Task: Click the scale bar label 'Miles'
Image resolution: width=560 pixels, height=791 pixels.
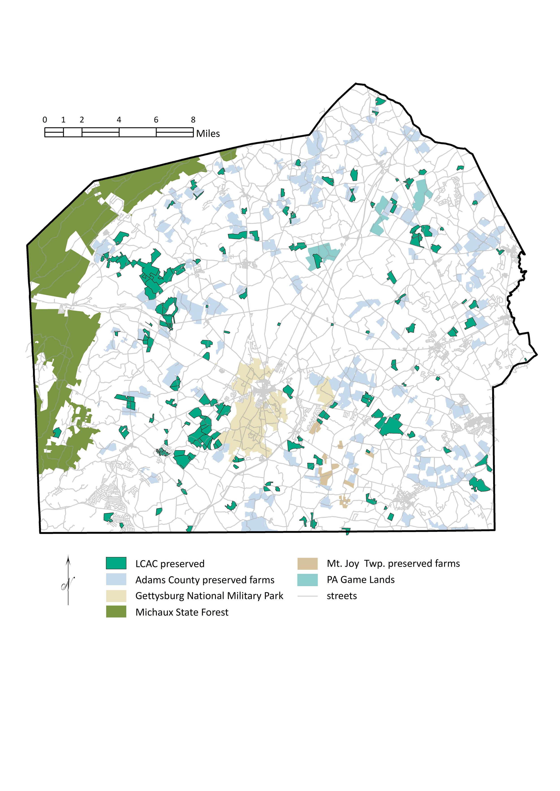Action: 208,134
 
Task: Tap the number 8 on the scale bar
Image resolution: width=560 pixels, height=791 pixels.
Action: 193,120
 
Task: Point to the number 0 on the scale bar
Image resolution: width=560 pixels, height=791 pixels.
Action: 45,120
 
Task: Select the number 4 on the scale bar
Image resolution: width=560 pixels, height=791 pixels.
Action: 119,120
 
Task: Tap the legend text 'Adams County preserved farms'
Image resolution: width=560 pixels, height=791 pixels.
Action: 205,580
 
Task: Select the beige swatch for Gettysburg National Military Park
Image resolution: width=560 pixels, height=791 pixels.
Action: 116,596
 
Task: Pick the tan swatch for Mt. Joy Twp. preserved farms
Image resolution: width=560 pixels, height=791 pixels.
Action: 307,563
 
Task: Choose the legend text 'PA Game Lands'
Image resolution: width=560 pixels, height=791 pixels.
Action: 361,580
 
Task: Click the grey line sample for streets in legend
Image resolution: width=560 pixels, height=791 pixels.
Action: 307,596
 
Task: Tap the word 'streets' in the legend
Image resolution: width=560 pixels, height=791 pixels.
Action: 342,596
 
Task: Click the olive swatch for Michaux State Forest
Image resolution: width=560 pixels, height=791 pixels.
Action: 116,612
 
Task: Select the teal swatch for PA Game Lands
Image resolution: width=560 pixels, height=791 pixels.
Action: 307,580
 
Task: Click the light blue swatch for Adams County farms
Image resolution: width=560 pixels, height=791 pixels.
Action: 116,580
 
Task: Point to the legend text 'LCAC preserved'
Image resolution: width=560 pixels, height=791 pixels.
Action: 170,564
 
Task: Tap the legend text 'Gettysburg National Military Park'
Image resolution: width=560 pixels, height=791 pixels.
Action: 209,596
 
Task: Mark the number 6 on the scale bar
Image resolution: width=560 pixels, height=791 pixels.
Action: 156,120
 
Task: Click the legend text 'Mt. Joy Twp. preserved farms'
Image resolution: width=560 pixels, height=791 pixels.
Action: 393,563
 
